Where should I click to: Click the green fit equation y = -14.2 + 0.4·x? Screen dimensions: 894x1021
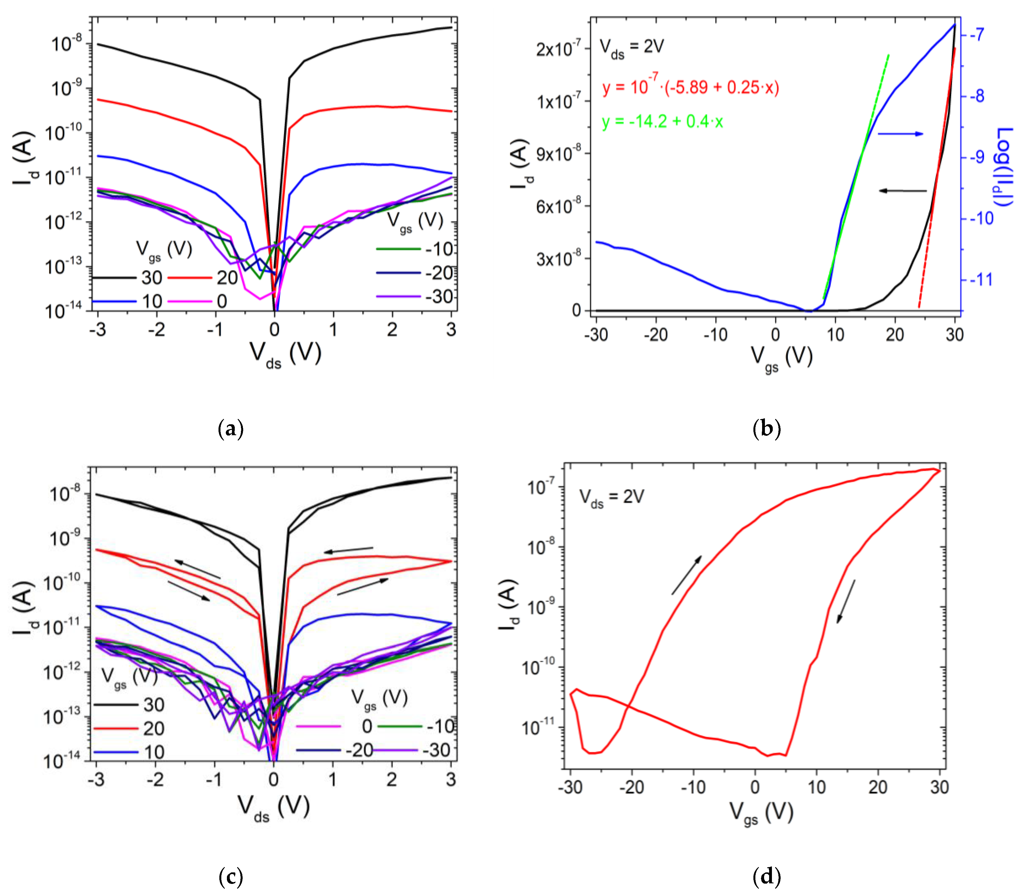662,121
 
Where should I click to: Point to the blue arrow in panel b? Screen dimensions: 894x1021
900,134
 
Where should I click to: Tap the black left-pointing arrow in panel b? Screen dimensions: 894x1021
903,191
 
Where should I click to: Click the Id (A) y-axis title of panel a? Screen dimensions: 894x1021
24,159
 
